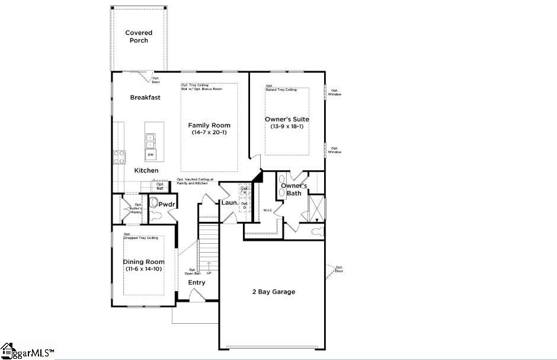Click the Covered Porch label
(139, 37)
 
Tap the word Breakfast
(145, 97)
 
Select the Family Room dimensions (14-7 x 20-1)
(209, 133)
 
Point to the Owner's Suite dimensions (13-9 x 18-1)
(287, 126)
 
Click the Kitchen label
(146, 171)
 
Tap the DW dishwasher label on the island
(151, 155)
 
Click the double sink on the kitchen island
(151, 141)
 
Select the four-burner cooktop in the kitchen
(119, 157)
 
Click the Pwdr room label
(166, 204)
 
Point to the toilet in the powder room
(155, 203)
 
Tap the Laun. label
(229, 203)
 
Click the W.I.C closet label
(268, 211)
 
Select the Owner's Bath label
(294, 189)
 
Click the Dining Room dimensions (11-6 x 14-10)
(143, 269)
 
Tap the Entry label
(197, 283)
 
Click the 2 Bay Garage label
(273, 292)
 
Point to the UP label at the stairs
(209, 273)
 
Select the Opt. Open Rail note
(191, 272)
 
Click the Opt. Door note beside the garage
(338, 269)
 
